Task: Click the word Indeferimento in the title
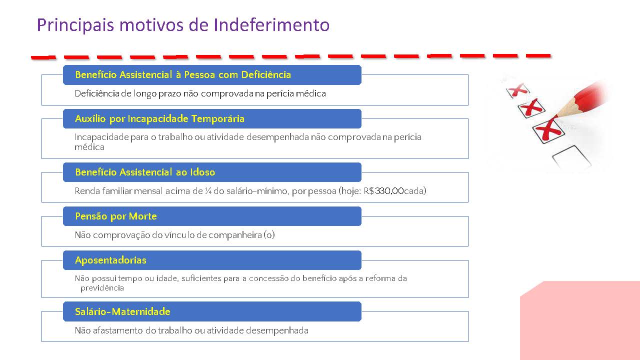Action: coord(271,25)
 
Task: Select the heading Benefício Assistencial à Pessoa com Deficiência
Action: coord(183,75)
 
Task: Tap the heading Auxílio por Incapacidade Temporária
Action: coord(159,119)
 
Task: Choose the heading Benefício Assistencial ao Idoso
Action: coord(145,172)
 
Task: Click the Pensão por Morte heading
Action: coord(115,216)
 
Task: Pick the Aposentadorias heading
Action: coord(110,260)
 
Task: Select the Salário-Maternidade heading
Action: coord(122,312)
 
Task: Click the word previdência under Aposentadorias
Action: coord(102,288)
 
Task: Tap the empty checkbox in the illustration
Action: coord(571,157)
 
